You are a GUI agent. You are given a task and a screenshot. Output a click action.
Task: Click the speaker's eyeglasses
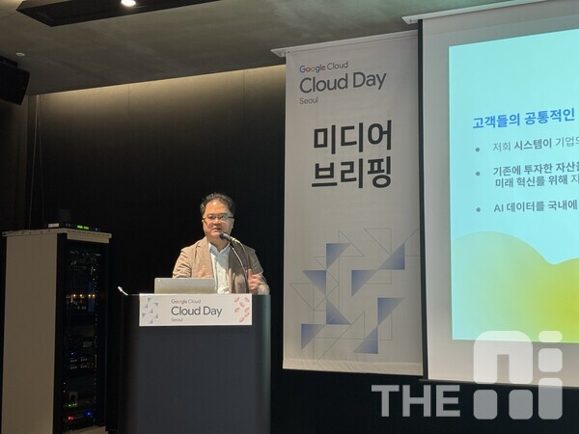[x=217, y=217]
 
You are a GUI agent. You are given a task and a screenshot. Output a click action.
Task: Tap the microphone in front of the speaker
[x=228, y=237]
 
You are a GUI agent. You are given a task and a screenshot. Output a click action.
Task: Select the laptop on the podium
[x=184, y=285]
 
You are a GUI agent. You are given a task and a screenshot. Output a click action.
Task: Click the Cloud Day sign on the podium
[x=195, y=310]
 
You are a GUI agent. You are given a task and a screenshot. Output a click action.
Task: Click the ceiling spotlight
[x=128, y=3]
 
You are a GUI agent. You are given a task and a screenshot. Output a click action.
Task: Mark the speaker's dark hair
[x=218, y=201]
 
